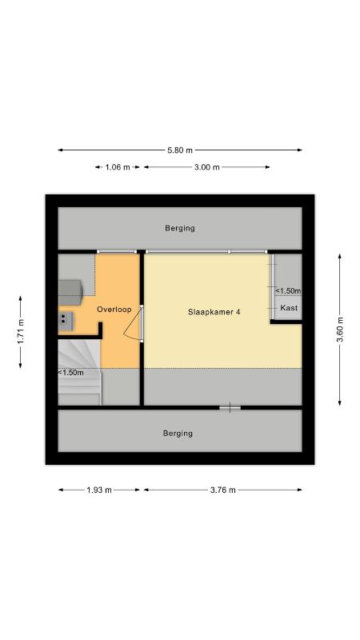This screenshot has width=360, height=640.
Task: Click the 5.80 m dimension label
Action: pyautogui.click(x=179, y=150)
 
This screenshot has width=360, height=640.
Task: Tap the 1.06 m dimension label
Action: pyautogui.click(x=118, y=167)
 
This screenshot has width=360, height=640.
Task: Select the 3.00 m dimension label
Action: pyautogui.click(x=207, y=167)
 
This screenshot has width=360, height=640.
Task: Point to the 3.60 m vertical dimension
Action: pyautogui.click(x=339, y=330)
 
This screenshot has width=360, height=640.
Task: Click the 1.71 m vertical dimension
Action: pyautogui.click(x=21, y=331)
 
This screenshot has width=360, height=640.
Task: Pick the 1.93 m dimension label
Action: pyautogui.click(x=99, y=490)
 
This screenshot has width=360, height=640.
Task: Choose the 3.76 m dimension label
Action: pyautogui.click(x=223, y=490)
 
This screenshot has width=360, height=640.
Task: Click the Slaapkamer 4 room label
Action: pyautogui.click(x=214, y=312)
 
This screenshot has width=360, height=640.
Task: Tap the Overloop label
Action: pyautogui.click(x=114, y=310)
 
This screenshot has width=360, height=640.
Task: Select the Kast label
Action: pyautogui.click(x=289, y=308)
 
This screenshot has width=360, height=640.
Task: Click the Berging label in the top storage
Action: pyautogui.click(x=180, y=228)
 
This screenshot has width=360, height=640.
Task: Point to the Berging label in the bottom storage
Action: pyautogui.click(x=178, y=433)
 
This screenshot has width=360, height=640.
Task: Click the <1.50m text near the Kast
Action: pyautogui.click(x=288, y=290)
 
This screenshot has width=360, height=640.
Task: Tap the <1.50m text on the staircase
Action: pyautogui.click(x=71, y=372)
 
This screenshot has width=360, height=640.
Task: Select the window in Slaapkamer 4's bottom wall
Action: pyautogui.click(x=230, y=407)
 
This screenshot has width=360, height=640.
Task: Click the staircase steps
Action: pyautogui.click(x=79, y=373)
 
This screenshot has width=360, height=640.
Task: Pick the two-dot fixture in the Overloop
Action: pyautogui.click(x=66, y=321)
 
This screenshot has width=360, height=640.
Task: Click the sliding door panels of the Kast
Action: pyautogui.click(x=272, y=286)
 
